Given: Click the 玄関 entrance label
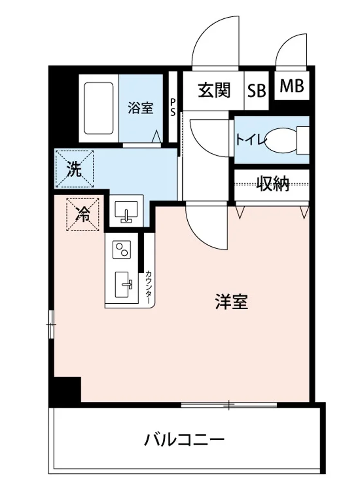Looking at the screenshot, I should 214,90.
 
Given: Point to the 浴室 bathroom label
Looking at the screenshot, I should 140,108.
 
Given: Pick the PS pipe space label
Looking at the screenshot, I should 173,107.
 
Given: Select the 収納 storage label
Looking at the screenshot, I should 273,184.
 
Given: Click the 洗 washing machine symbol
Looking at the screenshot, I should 74,169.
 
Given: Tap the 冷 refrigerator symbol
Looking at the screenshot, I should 83,214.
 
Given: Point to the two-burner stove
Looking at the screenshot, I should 122,250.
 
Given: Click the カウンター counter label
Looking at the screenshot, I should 148,287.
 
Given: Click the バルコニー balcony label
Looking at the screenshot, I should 185,441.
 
